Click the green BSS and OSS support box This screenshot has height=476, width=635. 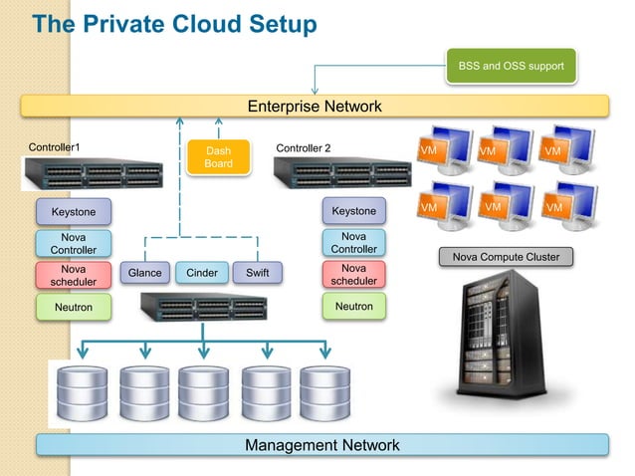pos(510,67)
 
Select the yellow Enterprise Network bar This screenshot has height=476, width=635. pos(315,107)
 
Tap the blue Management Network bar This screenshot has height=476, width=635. pos(321,445)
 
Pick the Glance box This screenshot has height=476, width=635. pos(144,273)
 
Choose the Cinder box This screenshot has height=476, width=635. pos(202,273)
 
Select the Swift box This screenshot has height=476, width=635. pos(257,273)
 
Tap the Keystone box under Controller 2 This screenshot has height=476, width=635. pos(353,211)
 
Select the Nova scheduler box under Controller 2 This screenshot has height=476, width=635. pos(353,275)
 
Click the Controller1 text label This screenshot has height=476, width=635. pos(54,147)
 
